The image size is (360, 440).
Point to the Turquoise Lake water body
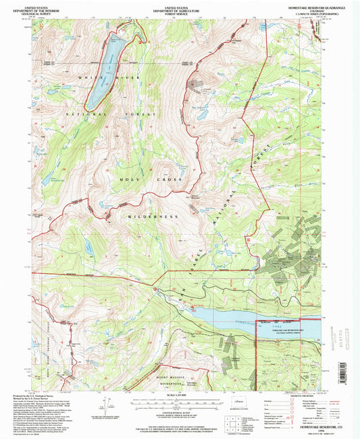(x=223, y=314)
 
